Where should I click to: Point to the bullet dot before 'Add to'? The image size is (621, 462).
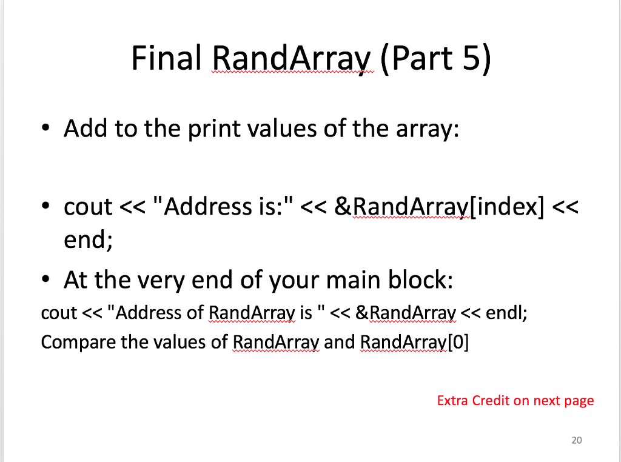click(x=46, y=129)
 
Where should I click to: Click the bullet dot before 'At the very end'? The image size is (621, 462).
click(x=46, y=280)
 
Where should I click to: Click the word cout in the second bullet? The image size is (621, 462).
click(x=88, y=207)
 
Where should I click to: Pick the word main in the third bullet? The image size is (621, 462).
click(x=356, y=280)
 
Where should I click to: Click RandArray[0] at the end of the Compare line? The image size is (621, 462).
click(x=415, y=343)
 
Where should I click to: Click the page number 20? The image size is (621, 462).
click(x=576, y=440)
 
